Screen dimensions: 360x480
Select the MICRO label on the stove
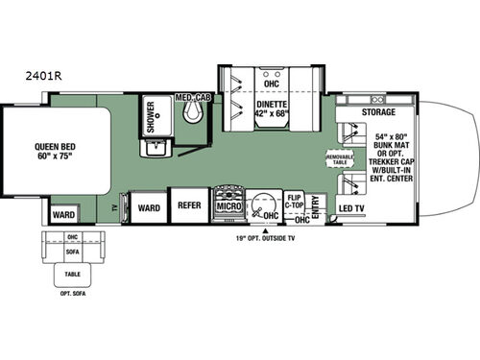click(228, 205)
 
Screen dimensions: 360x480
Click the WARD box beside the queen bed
click(63, 214)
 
